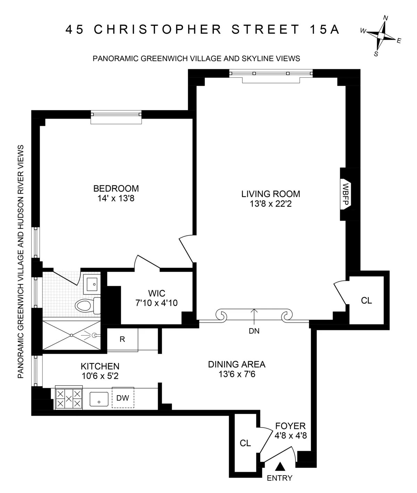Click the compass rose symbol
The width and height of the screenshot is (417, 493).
(x=381, y=36)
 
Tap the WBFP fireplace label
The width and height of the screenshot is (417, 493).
(x=346, y=194)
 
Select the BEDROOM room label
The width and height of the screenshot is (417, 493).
(x=116, y=188)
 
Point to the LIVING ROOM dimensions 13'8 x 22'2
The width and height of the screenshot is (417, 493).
(x=271, y=203)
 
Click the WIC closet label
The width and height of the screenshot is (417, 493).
(x=156, y=293)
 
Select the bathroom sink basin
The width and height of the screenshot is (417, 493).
(x=92, y=284)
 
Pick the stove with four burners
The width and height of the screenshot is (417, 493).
(x=69, y=398)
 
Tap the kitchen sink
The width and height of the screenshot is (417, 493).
(x=100, y=399)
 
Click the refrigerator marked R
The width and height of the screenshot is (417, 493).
(x=122, y=339)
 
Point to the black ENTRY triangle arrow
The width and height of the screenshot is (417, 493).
(x=280, y=466)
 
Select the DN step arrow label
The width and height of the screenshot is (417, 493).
(x=254, y=331)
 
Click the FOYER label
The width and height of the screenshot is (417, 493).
(x=290, y=426)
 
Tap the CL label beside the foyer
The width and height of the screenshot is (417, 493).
(x=245, y=443)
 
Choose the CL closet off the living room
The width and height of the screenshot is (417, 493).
(x=366, y=300)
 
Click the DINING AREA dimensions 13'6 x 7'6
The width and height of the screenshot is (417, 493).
(x=237, y=374)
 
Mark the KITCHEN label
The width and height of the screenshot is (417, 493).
(x=100, y=366)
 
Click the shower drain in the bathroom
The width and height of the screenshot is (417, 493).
(x=71, y=335)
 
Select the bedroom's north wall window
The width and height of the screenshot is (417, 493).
(x=116, y=114)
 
